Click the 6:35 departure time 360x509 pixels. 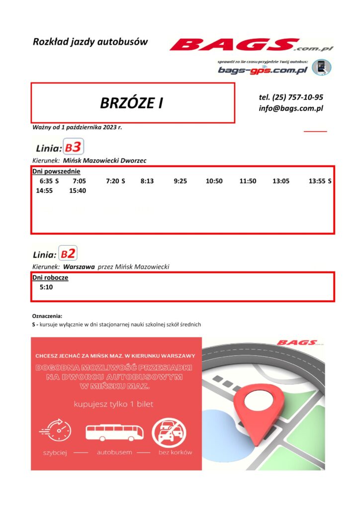(45, 181)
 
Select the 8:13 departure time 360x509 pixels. (147, 181)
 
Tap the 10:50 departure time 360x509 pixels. (214, 181)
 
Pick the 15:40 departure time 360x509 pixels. (78, 190)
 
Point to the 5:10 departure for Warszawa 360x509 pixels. (46, 287)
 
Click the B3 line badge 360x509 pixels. (74, 147)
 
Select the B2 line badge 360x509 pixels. (68, 254)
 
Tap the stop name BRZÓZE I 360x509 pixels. (132, 103)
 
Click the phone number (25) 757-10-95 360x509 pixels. (291, 97)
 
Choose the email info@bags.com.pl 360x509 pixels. (291, 108)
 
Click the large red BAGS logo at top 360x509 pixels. (244, 45)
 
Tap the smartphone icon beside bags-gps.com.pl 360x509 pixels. (321, 67)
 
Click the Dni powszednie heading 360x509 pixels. (49, 171)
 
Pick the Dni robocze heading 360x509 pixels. (50, 277)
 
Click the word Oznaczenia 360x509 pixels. (48, 316)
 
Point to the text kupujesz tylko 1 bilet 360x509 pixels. (113, 404)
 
